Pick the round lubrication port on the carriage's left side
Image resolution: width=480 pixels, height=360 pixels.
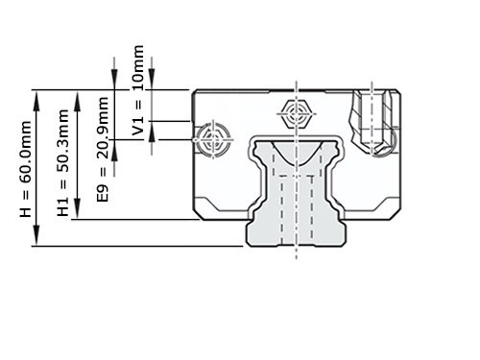pyautogui.click(x=211, y=138)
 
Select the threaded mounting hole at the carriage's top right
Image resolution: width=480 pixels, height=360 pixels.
pyautogui.click(x=374, y=120)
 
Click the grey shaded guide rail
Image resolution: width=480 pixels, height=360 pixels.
pyautogui.click(x=296, y=206)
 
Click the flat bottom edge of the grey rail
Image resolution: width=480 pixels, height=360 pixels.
pyautogui.click(x=296, y=245)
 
